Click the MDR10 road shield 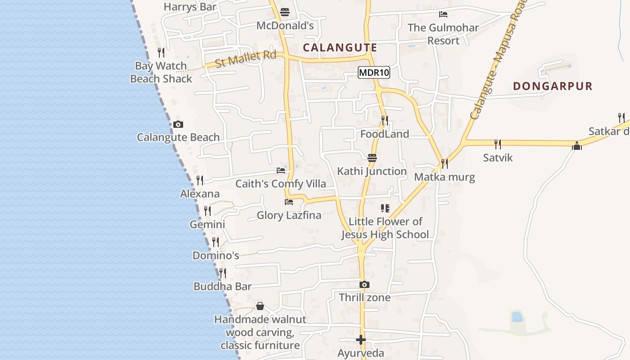[x=373, y=72]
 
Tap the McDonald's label [x=285, y=26]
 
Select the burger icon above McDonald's [x=284, y=12]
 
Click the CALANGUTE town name [x=340, y=47]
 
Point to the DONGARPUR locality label [x=553, y=86]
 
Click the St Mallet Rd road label [x=245, y=59]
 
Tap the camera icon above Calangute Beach [x=178, y=124]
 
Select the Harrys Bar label [x=190, y=7]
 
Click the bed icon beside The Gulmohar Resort [x=443, y=14]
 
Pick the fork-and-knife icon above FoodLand [x=385, y=120]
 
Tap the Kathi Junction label [x=372, y=171]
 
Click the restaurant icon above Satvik [x=498, y=144]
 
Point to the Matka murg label [x=444, y=177]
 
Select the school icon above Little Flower [x=385, y=208]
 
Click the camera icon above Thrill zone [x=364, y=284]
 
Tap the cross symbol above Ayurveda [x=360, y=340]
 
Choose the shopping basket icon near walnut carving [x=260, y=306]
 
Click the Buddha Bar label [x=222, y=286]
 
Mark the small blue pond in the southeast [x=517, y=317]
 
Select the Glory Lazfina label [x=289, y=215]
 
